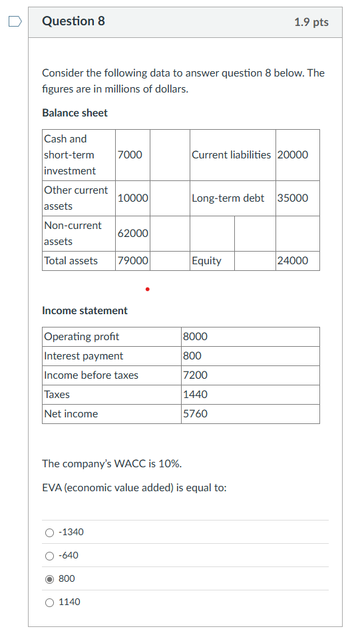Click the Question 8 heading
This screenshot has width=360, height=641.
click(73, 21)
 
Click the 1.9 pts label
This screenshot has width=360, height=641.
click(311, 22)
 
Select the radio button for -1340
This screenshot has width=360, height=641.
click(50, 533)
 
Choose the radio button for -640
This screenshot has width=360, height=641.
click(50, 556)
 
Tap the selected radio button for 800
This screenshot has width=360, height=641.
click(50, 579)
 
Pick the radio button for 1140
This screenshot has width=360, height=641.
click(50, 602)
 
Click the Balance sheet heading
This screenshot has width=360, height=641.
click(75, 112)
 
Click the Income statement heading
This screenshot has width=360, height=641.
click(85, 310)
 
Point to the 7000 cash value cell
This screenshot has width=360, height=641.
click(129, 154)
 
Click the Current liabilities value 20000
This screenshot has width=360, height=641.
click(293, 154)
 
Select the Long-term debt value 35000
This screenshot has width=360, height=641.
click(293, 198)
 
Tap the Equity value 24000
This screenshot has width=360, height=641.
click(293, 260)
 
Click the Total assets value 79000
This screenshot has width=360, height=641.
click(132, 260)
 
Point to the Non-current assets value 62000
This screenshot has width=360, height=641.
click(132, 233)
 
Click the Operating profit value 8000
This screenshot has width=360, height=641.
click(195, 336)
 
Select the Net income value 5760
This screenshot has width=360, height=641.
click(195, 413)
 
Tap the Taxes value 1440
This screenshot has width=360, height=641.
click(195, 394)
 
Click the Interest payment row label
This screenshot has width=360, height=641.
click(83, 355)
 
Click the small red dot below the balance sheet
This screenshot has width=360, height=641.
click(147, 290)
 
